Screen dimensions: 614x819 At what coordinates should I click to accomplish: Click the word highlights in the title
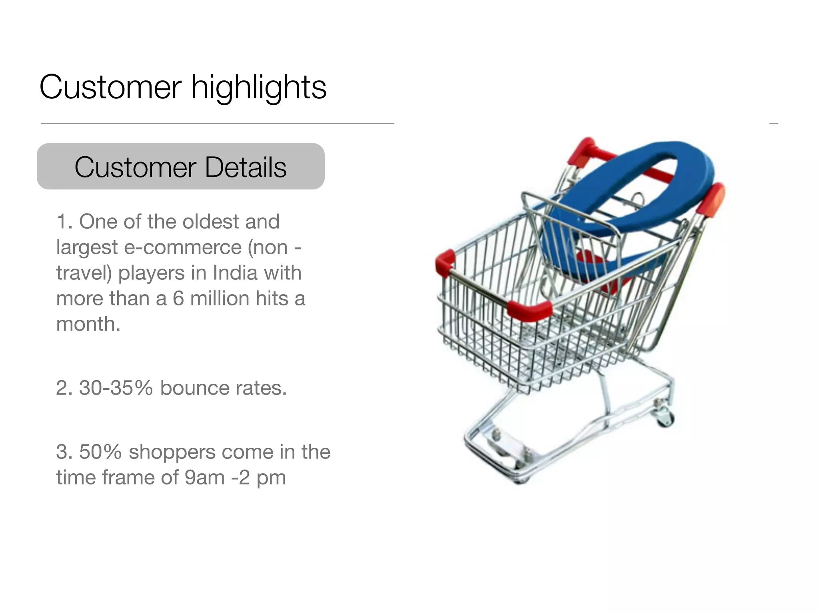[259, 88]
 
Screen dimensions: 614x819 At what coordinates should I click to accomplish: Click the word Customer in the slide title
[110, 88]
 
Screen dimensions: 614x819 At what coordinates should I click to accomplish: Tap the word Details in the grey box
[246, 167]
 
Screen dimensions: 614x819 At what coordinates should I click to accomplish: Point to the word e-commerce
[183, 247]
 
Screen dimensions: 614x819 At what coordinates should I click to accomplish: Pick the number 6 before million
[178, 299]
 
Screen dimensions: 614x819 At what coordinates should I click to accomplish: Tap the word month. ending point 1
[88, 324]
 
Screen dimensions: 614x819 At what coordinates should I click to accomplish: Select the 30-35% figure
[116, 388]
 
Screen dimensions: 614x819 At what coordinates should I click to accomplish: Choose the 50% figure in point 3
[100, 452]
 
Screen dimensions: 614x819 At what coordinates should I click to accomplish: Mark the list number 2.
[64, 388]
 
